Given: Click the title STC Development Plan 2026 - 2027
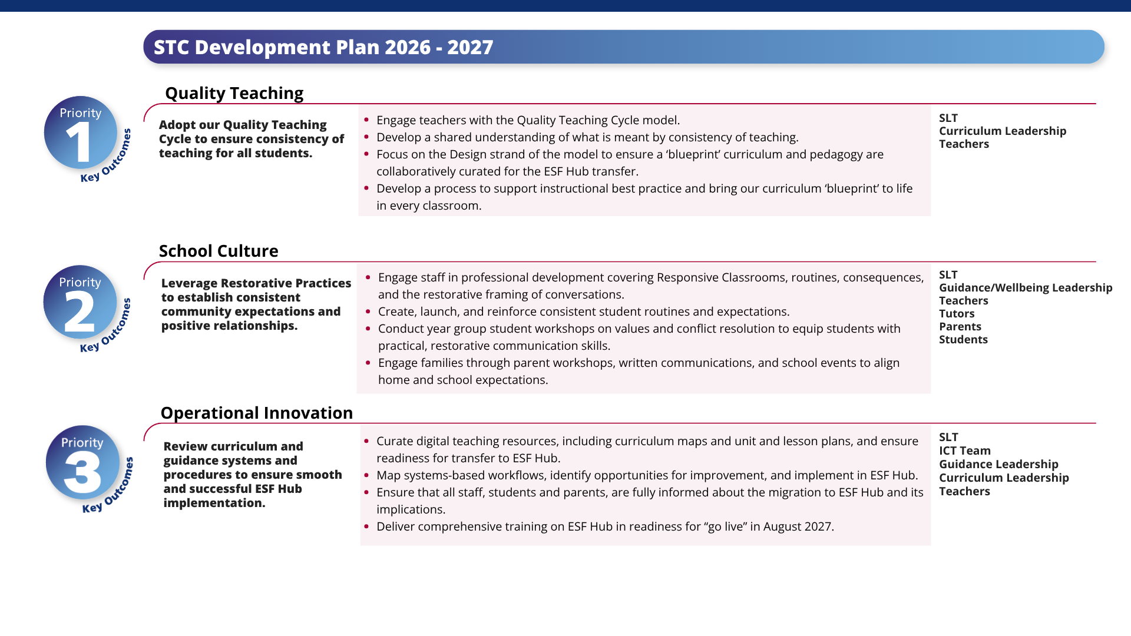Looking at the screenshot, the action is tap(323, 47).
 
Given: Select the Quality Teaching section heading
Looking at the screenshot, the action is tap(234, 94).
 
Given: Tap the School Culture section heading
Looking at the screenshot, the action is tap(219, 251).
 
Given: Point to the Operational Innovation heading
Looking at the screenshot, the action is tap(257, 413).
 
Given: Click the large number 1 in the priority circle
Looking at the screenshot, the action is tap(80, 143).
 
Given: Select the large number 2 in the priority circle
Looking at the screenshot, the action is tap(80, 312).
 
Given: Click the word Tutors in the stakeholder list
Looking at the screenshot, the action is tap(957, 314).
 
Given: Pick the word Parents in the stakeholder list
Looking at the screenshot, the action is tap(960, 327).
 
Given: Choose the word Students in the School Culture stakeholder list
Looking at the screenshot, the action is tap(963, 340).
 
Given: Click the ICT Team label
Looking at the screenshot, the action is tap(965, 451).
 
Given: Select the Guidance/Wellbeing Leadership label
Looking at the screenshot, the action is tap(1026, 288).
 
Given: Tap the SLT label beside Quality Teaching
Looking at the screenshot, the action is tap(948, 118).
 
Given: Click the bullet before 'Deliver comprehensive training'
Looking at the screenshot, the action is tap(366, 526).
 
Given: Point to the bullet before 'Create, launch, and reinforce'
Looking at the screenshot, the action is tap(368, 311).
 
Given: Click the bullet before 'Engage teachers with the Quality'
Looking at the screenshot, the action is tap(366, 120).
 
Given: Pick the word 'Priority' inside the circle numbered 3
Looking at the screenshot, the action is tap(82, 443).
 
